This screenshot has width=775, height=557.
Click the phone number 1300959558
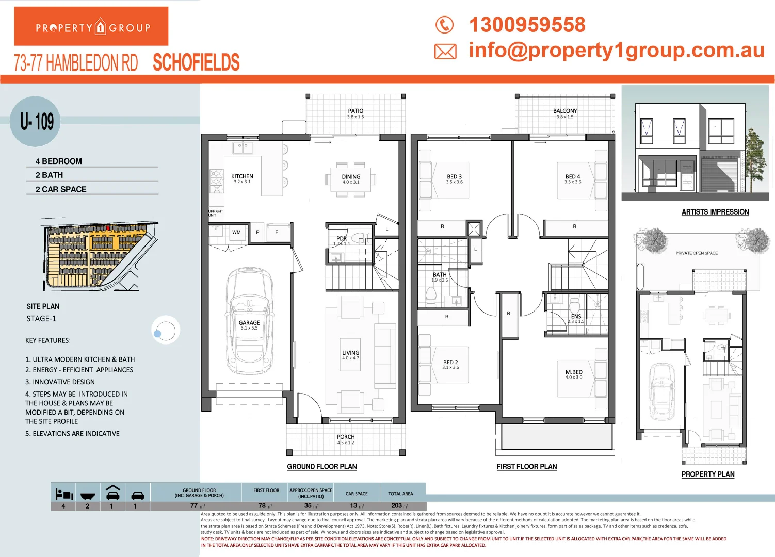[x=527, y=25]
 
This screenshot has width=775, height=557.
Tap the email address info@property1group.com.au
[x=616, y=50]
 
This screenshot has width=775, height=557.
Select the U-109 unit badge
[x=36, y=122]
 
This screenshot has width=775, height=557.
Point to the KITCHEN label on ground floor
[x=242, y=177]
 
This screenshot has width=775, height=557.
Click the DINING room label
[x=351, y=177]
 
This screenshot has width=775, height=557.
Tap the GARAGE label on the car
[x=249, y=323]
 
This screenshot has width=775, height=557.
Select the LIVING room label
[x=350, y=353]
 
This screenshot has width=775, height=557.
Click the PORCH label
[x=346, y=437]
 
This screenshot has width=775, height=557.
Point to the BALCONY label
[x=565, y=111]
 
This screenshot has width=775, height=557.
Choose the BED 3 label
[x=454, y=177]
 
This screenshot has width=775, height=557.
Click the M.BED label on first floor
[x=574, y=372]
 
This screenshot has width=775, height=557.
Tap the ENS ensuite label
[x=576, y=317]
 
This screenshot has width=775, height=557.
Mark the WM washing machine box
[x=236, y=232]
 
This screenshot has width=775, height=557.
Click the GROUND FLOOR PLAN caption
[x=322, y=467]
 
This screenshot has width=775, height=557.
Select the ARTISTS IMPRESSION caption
[x=715, y=212]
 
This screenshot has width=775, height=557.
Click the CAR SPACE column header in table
[x=357, y=494]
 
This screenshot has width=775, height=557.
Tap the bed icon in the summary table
[x=63, y=495]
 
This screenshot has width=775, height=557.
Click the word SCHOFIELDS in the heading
[x=196, y=63]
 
